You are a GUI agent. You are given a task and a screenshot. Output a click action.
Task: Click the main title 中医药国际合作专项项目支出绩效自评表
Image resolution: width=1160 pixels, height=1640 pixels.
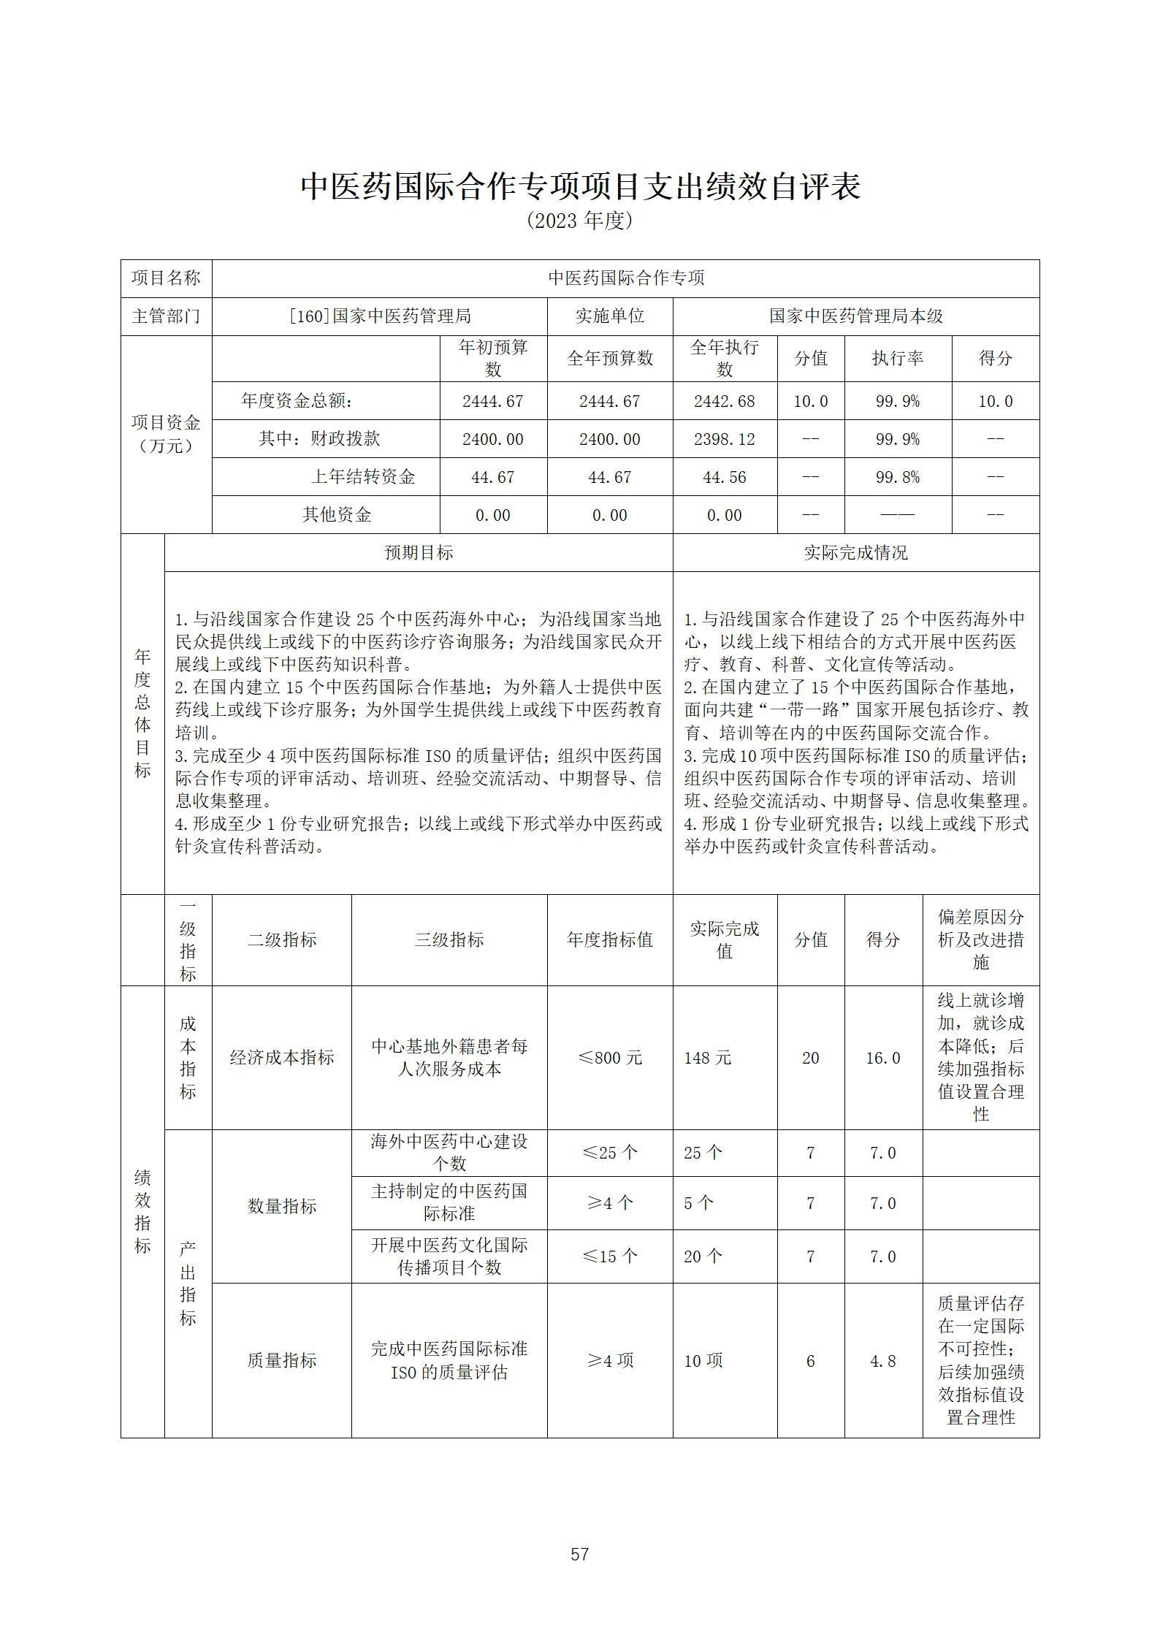tap(580, 186)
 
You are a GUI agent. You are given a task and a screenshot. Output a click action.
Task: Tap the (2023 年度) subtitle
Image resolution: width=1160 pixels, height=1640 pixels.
tap(579, 221)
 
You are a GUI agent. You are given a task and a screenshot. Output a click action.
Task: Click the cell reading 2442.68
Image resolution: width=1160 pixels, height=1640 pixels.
tap(724, 401)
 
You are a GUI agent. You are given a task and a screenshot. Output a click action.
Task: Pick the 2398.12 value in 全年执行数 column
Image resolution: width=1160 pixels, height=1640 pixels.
tap(724, 439)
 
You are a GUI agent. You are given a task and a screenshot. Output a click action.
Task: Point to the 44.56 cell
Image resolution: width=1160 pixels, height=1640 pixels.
tap(724, 477)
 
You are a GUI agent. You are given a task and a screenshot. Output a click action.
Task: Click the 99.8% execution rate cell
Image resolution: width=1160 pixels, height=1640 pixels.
tap(897, 477)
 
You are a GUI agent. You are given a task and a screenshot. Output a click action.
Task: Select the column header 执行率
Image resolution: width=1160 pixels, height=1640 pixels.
tap(897, 358)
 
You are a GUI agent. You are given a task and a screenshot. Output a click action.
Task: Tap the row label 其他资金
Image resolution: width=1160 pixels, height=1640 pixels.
tap(337, 515)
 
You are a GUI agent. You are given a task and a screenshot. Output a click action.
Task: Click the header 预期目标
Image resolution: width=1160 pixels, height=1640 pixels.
tap(419, 553)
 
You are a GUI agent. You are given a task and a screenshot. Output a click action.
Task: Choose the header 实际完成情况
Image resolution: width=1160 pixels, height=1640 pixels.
tap(855, 553)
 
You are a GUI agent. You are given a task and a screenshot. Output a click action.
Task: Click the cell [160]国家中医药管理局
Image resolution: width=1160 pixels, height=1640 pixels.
tap(379, 316)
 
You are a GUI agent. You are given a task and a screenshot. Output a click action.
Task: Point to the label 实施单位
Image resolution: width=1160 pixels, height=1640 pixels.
tap(609, 316)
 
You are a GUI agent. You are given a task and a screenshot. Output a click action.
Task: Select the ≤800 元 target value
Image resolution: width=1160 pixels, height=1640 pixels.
tap(609, 1058)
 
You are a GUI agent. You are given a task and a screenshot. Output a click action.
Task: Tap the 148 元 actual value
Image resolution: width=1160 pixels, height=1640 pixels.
tap(707, 1058)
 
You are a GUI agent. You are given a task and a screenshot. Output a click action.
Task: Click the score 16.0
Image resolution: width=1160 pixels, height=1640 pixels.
tap(882, 1058)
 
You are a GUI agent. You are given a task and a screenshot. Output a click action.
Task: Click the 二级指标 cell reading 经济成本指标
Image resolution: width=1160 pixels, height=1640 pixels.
tap(281, 1058)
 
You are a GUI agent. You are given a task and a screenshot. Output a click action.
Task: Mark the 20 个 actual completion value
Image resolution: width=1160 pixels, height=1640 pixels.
tap(703, 1256)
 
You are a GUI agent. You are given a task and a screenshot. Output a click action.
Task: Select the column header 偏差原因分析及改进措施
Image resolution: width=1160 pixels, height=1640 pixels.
tap(980, 939)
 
